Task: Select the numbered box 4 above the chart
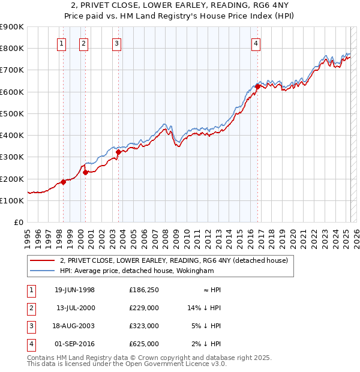(x=256, y=43)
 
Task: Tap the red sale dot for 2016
(x=257, y=86)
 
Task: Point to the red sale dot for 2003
(x=119, y=152)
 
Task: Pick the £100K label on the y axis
(x=12, y=200)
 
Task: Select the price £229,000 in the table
(x=143, y=308)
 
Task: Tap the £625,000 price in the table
(x=143, y=344)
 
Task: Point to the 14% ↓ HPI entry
(x=205, y=308)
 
